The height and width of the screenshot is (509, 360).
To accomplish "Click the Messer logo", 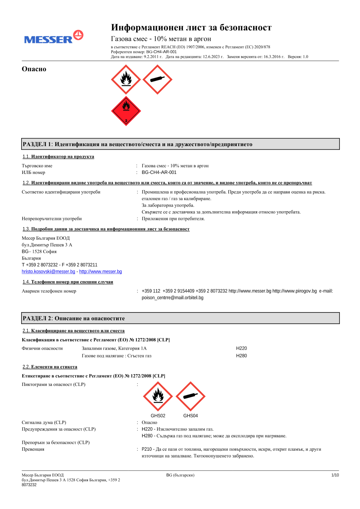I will point(54,37).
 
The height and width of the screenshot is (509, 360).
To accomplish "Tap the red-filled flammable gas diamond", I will point(126,111).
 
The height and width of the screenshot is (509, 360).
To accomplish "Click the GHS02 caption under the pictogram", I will point(158,416).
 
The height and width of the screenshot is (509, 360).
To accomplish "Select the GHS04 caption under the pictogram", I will point(190,416).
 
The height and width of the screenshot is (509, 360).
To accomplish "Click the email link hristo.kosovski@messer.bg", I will point(48,272).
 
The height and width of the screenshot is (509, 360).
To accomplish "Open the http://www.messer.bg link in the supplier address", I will point(100,272).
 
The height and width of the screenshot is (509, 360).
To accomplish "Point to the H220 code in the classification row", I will point(242,348).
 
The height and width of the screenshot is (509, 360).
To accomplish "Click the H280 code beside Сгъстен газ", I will point(242,356).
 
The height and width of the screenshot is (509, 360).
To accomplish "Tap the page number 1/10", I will point(335,475).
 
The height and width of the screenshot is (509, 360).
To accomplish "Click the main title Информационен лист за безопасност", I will point(191,28).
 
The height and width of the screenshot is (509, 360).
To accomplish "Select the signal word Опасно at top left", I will point(34,69).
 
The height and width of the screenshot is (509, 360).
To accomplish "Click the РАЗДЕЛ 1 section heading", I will point(138,144).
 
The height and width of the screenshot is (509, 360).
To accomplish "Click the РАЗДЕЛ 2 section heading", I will point(74,319).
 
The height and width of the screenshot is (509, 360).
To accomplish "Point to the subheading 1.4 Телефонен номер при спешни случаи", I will point(68,282).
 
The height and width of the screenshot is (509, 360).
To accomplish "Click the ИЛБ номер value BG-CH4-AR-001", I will point(159,173).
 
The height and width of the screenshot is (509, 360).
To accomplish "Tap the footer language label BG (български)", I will point(180,475).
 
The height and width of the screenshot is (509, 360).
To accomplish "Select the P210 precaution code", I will point(147,449).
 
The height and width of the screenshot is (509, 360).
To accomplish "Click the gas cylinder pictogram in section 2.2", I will point(190,396).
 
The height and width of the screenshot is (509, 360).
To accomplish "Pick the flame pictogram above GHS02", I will point(158,396).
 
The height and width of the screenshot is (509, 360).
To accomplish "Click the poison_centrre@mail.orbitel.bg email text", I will point(172,298).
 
